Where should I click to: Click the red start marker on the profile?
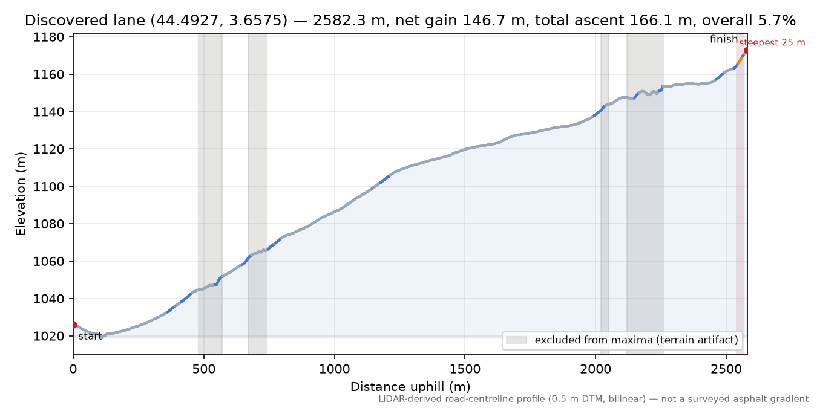(x=74, y=325)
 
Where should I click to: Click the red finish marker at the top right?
(x=746, y=51)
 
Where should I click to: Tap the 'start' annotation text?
(x=90, y=336)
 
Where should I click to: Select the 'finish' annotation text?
(x=724, y=39)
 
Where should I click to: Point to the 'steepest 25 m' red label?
(x=772, y=43)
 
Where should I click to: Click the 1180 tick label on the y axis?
(x=48, y=37)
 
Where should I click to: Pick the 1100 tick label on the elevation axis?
(x=48, y=187)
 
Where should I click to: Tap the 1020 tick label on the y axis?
(x=48, y=336)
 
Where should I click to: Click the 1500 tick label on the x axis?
(x=465, y=369)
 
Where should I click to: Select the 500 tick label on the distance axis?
(x=203, y=369)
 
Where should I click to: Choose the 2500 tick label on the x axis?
(x=726, y=369)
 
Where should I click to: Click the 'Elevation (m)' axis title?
(x=21, y=194)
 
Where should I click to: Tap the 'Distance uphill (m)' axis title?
(x=410, y=387)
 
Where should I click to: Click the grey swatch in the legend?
(x=516, y=340)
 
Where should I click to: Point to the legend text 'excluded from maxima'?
(x=594, y=340)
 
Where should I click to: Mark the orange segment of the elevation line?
(x=740, y=60)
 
